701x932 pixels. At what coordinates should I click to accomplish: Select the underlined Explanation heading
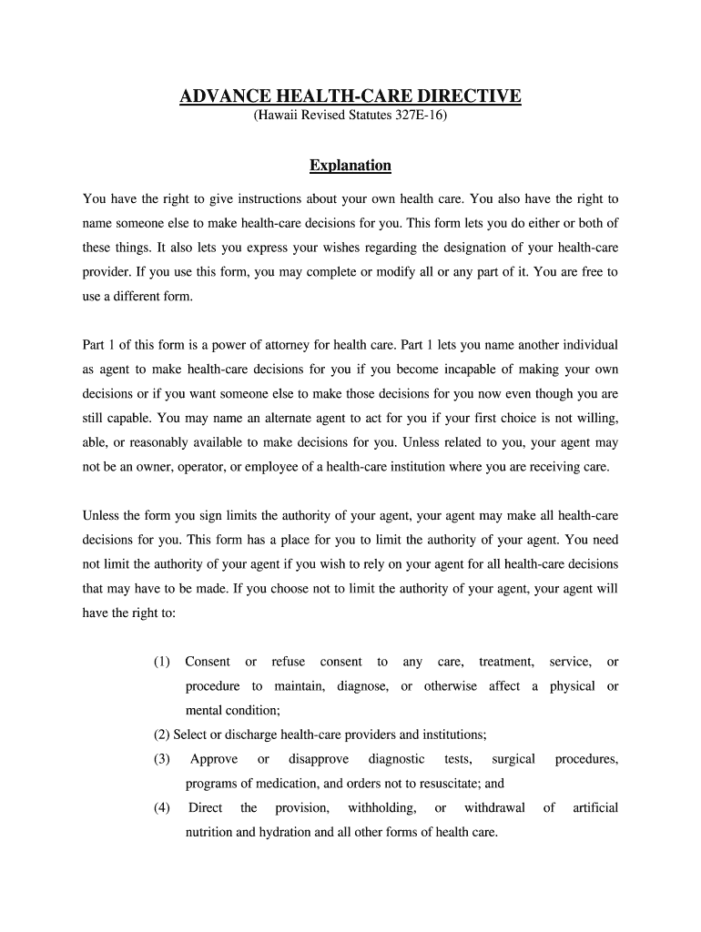click(350, 166)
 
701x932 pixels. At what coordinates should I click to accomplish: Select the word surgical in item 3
click(513, 759)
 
